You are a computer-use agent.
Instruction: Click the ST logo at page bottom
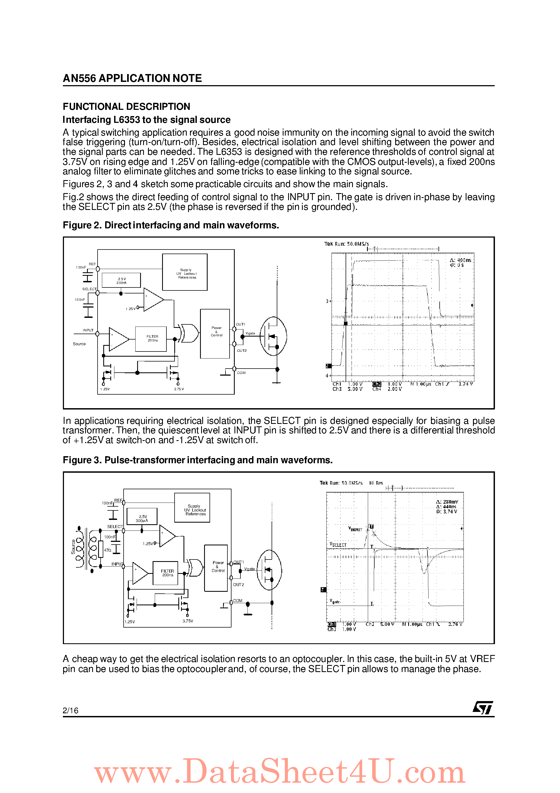coord(483,707)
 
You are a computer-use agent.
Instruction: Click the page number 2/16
coord(70,711)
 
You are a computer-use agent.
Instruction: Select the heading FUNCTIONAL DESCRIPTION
coord(126,106)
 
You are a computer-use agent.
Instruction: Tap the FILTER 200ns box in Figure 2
coord(151,338)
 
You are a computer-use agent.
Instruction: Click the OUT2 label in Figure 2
coord(242,351)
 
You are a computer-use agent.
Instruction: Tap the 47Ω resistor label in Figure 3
coord(107,550)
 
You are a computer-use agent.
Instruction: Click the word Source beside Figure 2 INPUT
coord(79,344)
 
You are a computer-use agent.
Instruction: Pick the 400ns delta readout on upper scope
coord(461,260)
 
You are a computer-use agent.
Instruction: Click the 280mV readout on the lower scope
coord(447,502)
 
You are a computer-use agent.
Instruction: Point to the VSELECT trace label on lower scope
coord(338,545)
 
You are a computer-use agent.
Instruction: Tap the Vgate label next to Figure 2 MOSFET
coord(250,333)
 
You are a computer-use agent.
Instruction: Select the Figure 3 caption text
coord(198,460)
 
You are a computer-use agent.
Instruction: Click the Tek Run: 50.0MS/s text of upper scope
coord(346,244)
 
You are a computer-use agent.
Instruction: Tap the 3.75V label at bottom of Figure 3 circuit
coord(188,621)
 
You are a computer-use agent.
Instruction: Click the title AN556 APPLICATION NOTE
coord(132,78)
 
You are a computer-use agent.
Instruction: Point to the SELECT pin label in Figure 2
coord(89,289)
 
